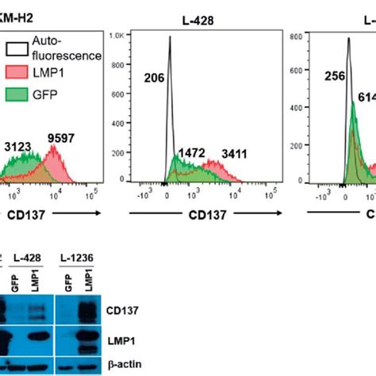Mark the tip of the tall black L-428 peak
[x=170, y=37]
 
